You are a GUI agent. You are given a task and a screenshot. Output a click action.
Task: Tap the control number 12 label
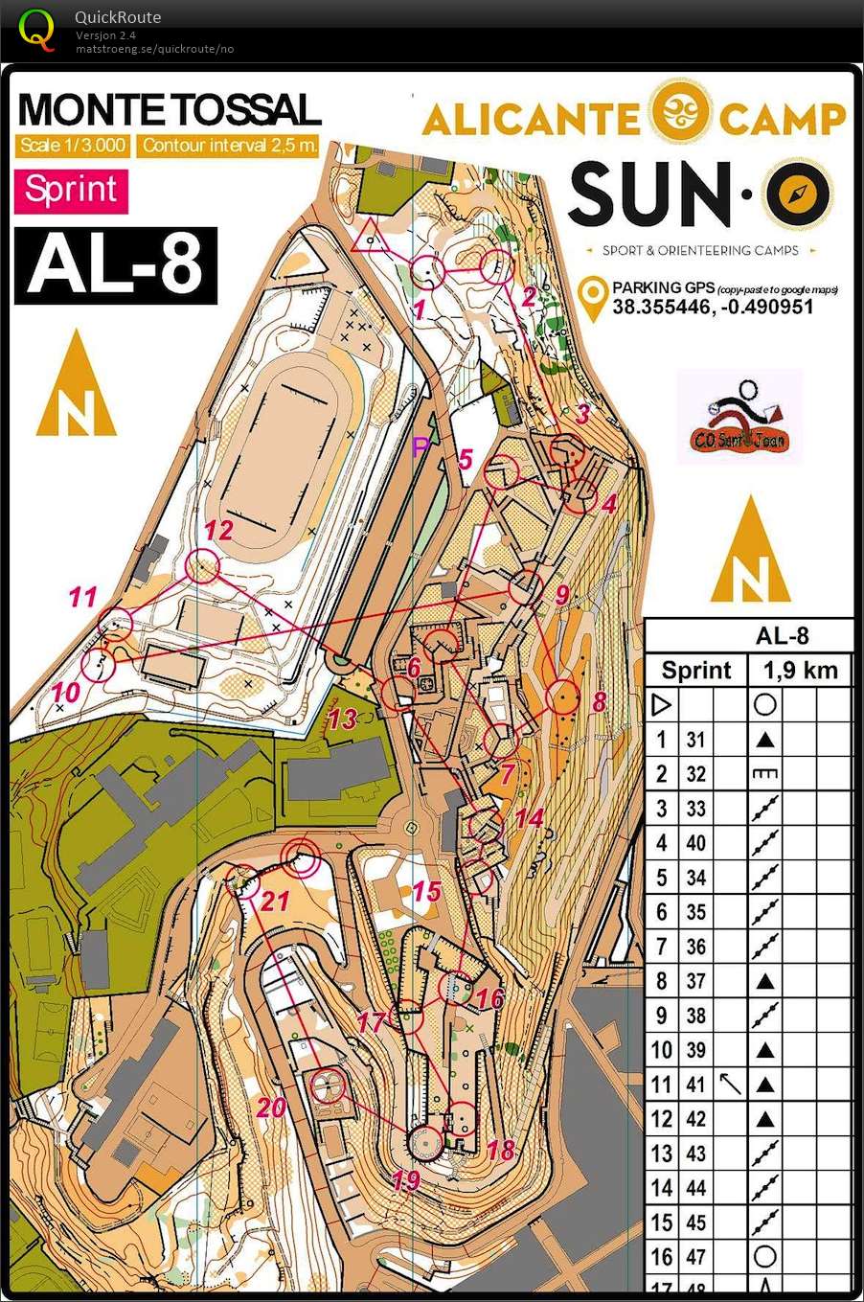coord(219,530)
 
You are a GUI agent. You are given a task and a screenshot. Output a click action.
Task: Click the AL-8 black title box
coord(115,265)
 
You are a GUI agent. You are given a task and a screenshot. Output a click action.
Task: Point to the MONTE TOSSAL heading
coord(170,110)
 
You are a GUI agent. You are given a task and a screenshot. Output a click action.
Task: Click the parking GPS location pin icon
coord(596,300)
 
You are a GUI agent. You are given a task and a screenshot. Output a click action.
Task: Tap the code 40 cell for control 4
coord(695,843)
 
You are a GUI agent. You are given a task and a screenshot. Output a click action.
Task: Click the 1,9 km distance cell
coord(800,670)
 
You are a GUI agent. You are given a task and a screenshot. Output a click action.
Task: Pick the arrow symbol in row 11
coord(731,1084)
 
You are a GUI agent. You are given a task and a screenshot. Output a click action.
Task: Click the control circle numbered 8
coord(562,697)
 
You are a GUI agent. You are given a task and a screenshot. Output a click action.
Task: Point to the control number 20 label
coord(271,1108)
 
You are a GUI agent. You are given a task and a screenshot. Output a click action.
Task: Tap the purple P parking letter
coord(420,446)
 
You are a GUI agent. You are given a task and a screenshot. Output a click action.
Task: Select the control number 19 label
coord(406,1179)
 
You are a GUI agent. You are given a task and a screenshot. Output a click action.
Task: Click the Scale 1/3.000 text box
coord(73,146)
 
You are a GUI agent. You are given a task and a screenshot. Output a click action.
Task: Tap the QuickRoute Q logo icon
coord(36,29)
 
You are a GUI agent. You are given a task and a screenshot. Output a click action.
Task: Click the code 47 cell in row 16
coord(695,1257)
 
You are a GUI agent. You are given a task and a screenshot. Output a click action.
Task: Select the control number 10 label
coord(65,692)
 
